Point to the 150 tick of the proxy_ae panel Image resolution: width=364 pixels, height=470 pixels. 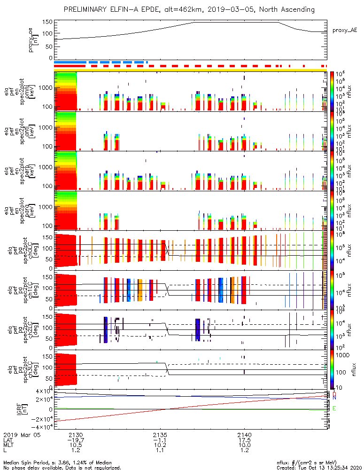46,22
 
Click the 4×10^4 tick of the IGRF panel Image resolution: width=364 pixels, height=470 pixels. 41,391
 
